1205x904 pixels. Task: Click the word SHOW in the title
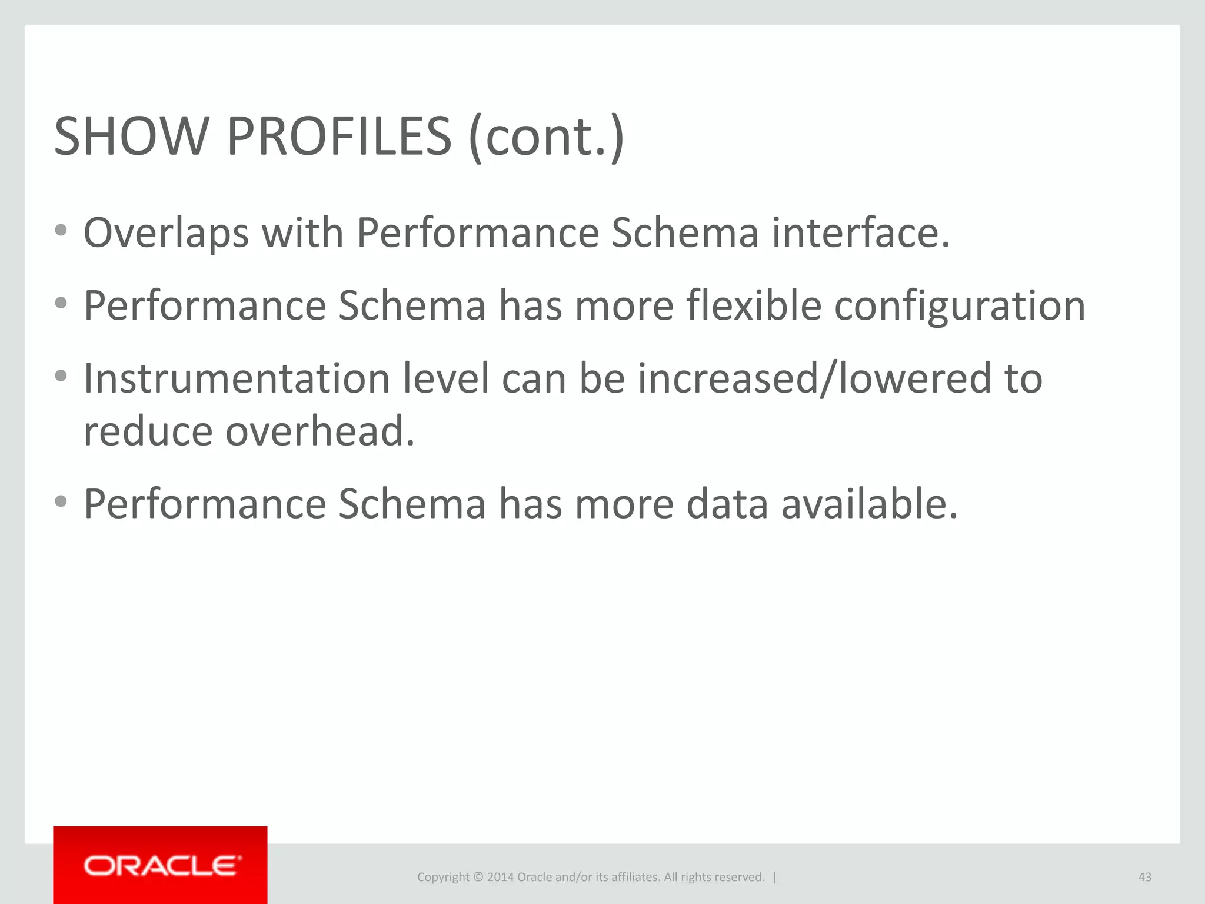pyautogui.click(x=131, y=137)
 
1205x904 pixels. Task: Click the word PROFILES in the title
pyautogui.click(x=339, y=137)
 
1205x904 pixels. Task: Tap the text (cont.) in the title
pyautogui.click(x=546, y=137)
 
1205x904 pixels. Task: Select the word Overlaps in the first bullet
pyautogui.click(x=166, y=234)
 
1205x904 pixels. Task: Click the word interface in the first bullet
pyautogui.click(x=860, y=232)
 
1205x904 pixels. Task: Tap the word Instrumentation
pyautogui.click(x=237, y=378)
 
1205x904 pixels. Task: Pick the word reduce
pyautogui.click(x=148, y=431)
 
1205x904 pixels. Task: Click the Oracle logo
pyautogui.click(x=161, y=866)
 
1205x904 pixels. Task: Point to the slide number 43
pyautogui.click(x=1144, y=877)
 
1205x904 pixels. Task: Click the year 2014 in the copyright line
pyautogui.click(x=500, y=877)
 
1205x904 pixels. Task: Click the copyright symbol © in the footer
pyautogui.click(x=478, y=877)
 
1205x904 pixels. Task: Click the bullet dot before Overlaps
pyautogui.click(x=61, y=230)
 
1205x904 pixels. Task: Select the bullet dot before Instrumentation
pyautogui.click(x=61, y=375)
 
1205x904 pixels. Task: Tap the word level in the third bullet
pyautogui.click(x=445, y=378)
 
